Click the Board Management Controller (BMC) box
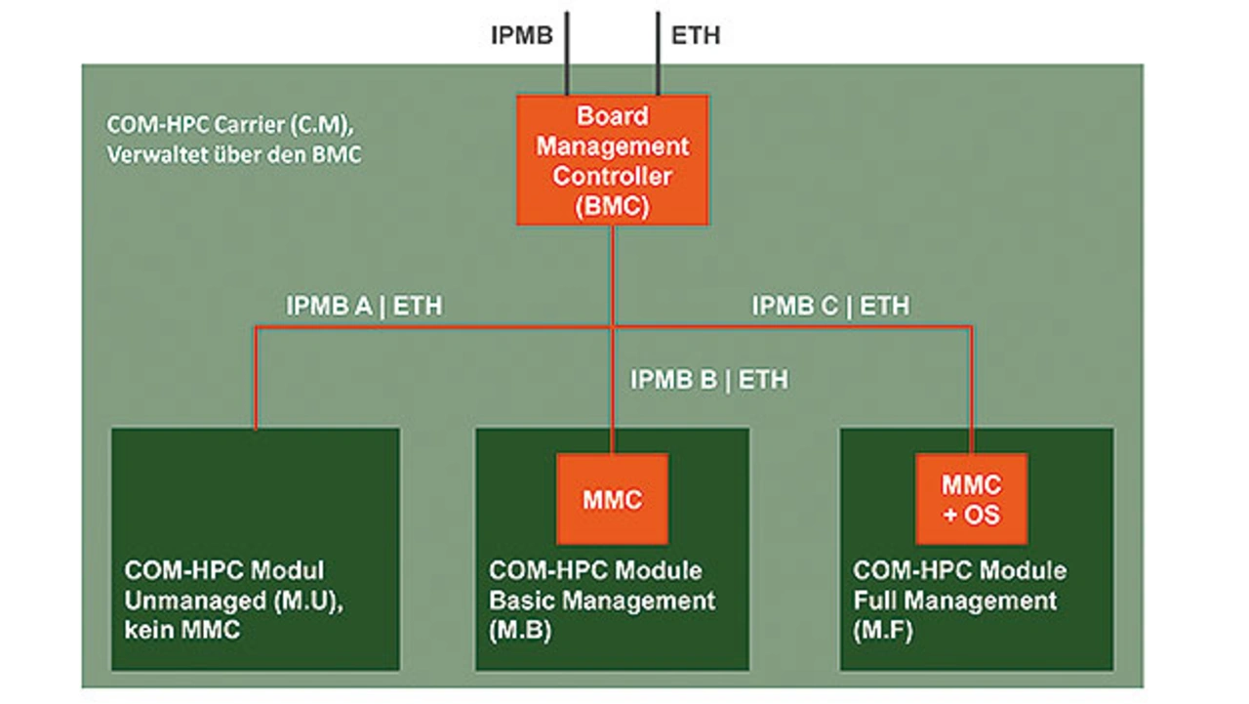point(612,160)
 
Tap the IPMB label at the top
point(521,36)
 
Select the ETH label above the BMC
point(696,36)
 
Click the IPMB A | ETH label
point(364,306)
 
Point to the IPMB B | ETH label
point(708,379)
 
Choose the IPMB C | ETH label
point(830,306)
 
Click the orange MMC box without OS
point(612,499)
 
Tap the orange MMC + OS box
point(971,499)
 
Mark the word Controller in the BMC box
point(612,177)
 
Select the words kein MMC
point(181,631)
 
